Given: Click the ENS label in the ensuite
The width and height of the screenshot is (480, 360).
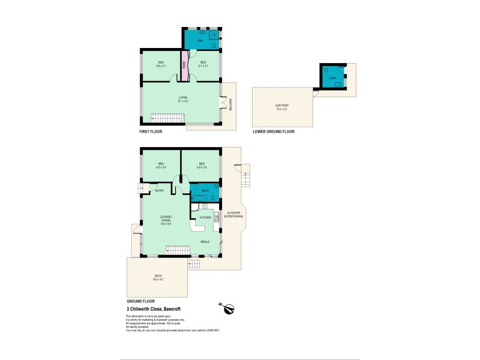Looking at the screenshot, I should tap(202, 41).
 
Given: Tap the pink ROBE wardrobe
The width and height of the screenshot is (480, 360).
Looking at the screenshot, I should tap(185, 65).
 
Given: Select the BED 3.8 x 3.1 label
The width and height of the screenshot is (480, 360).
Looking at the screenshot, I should tap(161, 64).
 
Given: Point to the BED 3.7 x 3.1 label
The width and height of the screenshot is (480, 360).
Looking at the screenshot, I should tap(203, 64).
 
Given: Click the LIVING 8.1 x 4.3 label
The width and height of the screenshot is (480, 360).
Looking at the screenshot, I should tap(182, 99).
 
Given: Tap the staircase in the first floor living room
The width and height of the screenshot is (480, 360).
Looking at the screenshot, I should tap(161, 118).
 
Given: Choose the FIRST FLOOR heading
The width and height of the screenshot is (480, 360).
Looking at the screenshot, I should tap(150, 131).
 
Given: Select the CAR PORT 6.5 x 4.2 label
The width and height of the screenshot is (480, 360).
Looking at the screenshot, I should tap(281, 108).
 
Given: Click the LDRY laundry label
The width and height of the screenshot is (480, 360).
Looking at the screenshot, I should tap(332, 78).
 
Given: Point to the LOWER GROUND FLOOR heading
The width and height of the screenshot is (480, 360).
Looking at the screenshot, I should tap(274, 131).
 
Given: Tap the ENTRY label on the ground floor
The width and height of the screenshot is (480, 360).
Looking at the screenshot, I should tap(160, 191).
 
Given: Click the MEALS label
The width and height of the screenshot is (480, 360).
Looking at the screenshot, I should tap(205, 242).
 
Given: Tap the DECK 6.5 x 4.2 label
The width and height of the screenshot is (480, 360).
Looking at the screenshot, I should tap(158, 278).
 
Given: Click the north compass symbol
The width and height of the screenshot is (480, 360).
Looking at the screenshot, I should tap(229, 308).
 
